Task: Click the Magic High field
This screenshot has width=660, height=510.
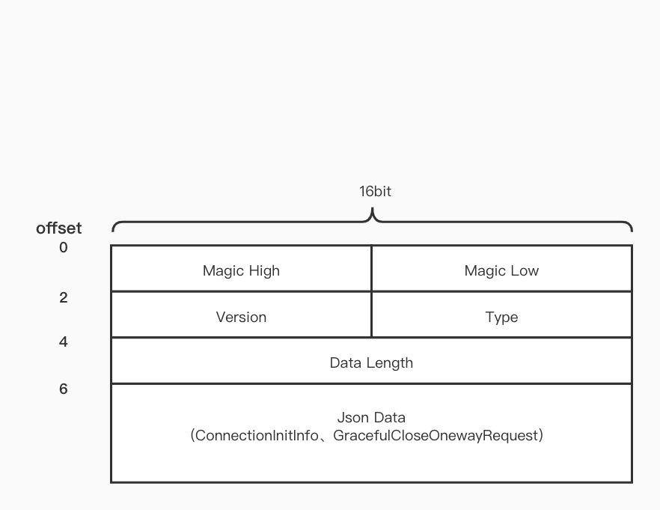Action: click(x=241, y=270)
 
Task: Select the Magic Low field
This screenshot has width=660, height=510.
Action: click(x=501, y=270)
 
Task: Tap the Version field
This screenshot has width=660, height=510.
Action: click(x=241, y=317)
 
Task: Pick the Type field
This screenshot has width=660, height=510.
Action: click(x=501, y=317)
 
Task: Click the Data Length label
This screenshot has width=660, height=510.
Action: click(x=371, y=362)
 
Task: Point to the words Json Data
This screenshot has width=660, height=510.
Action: click(x=371, y=417)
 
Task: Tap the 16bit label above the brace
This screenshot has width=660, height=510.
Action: click(x=375, y=191)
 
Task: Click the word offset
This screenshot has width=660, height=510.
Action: click(x=58, y=228)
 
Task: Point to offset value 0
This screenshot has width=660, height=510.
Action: click(x=63, y=247)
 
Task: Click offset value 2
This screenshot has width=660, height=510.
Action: click(x=63, y=297)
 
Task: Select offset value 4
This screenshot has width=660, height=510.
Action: click(x=63, y=341)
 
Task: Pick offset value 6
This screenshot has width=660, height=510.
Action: click(x=63, y=389)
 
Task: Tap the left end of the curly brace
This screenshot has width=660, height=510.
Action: click(x=113, y=229)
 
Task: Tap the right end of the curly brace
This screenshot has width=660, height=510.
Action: click(x=631, y=229)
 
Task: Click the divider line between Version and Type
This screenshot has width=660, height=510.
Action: click(x=371, y=315)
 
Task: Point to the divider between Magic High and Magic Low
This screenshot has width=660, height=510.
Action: click(x=371, y=268)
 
